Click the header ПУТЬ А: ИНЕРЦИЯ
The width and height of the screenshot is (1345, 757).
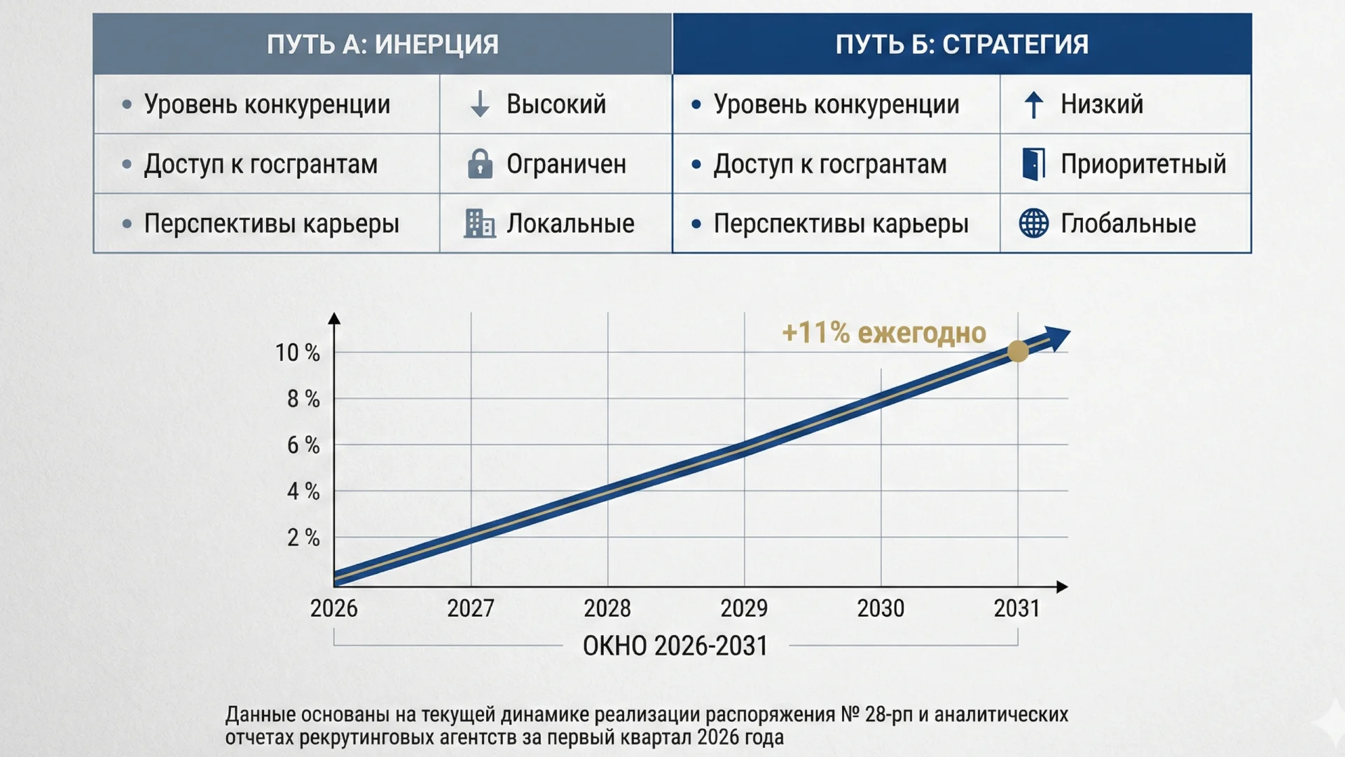tap(382, 44)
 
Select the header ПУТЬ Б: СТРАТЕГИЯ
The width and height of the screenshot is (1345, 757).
tap(962, 44)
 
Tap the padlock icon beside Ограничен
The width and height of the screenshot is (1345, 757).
tap(480, 163)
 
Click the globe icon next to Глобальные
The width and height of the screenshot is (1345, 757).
tap(1033, 224)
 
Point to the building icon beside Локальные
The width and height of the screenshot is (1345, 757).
tap(480, 224)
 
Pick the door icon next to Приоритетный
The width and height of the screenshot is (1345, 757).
tap(1033, 163)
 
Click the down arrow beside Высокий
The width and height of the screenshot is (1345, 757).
tap(480, 104)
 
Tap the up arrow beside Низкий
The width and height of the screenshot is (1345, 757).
tap(1033, 104)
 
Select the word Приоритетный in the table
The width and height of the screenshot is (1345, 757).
tap(1143, 164)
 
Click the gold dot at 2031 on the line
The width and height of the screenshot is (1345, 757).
tap(1018, 351)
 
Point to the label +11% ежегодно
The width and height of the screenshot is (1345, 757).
tap(884, 333)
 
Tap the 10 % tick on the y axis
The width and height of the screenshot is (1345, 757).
tap(297, 353)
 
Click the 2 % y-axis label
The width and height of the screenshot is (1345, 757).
tap(303, 538)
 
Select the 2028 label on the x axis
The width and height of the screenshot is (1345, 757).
tap(607, 608)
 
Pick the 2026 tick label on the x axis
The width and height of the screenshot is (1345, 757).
tap(333, 608)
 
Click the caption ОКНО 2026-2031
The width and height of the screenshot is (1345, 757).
tap(675, 646)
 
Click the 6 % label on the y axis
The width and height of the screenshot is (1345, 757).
tap(303, 445)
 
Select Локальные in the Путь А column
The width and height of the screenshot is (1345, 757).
tap(570, 224)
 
